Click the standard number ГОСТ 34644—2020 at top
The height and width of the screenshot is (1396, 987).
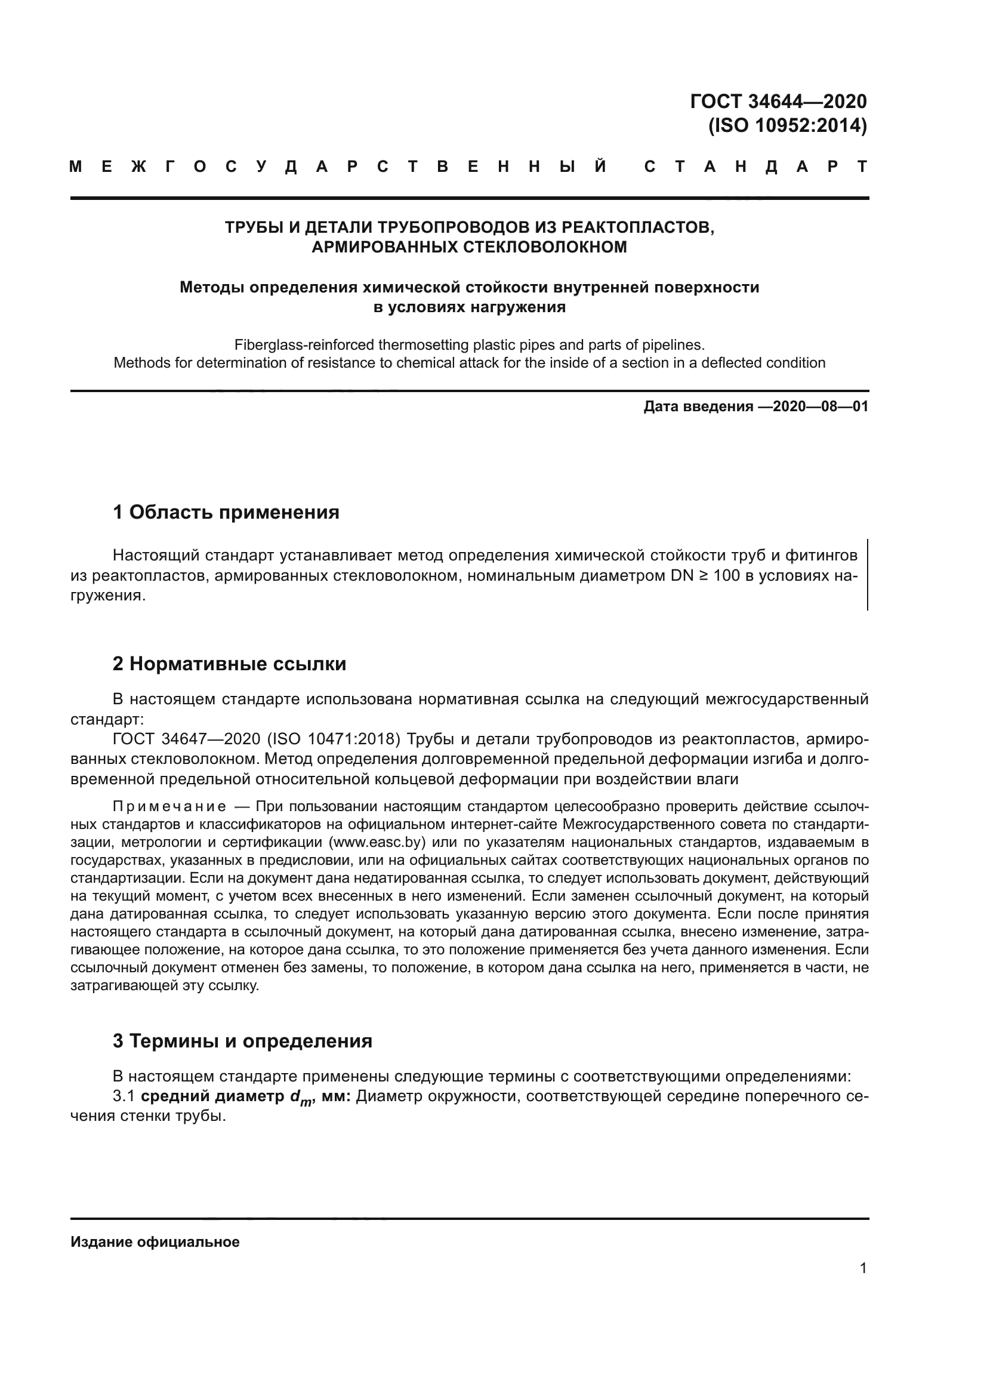point(779,101)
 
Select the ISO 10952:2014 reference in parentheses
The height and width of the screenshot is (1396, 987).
point(787,126)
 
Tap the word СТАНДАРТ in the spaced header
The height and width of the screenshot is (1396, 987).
point(755,167)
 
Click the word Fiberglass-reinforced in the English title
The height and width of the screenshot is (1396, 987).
point(304,346)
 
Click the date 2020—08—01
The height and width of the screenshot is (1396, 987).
point(821,407)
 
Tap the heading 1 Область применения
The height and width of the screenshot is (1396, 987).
point(226,513)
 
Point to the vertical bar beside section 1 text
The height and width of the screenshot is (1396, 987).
point(867,575)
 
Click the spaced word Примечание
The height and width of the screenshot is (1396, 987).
point(169,807)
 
